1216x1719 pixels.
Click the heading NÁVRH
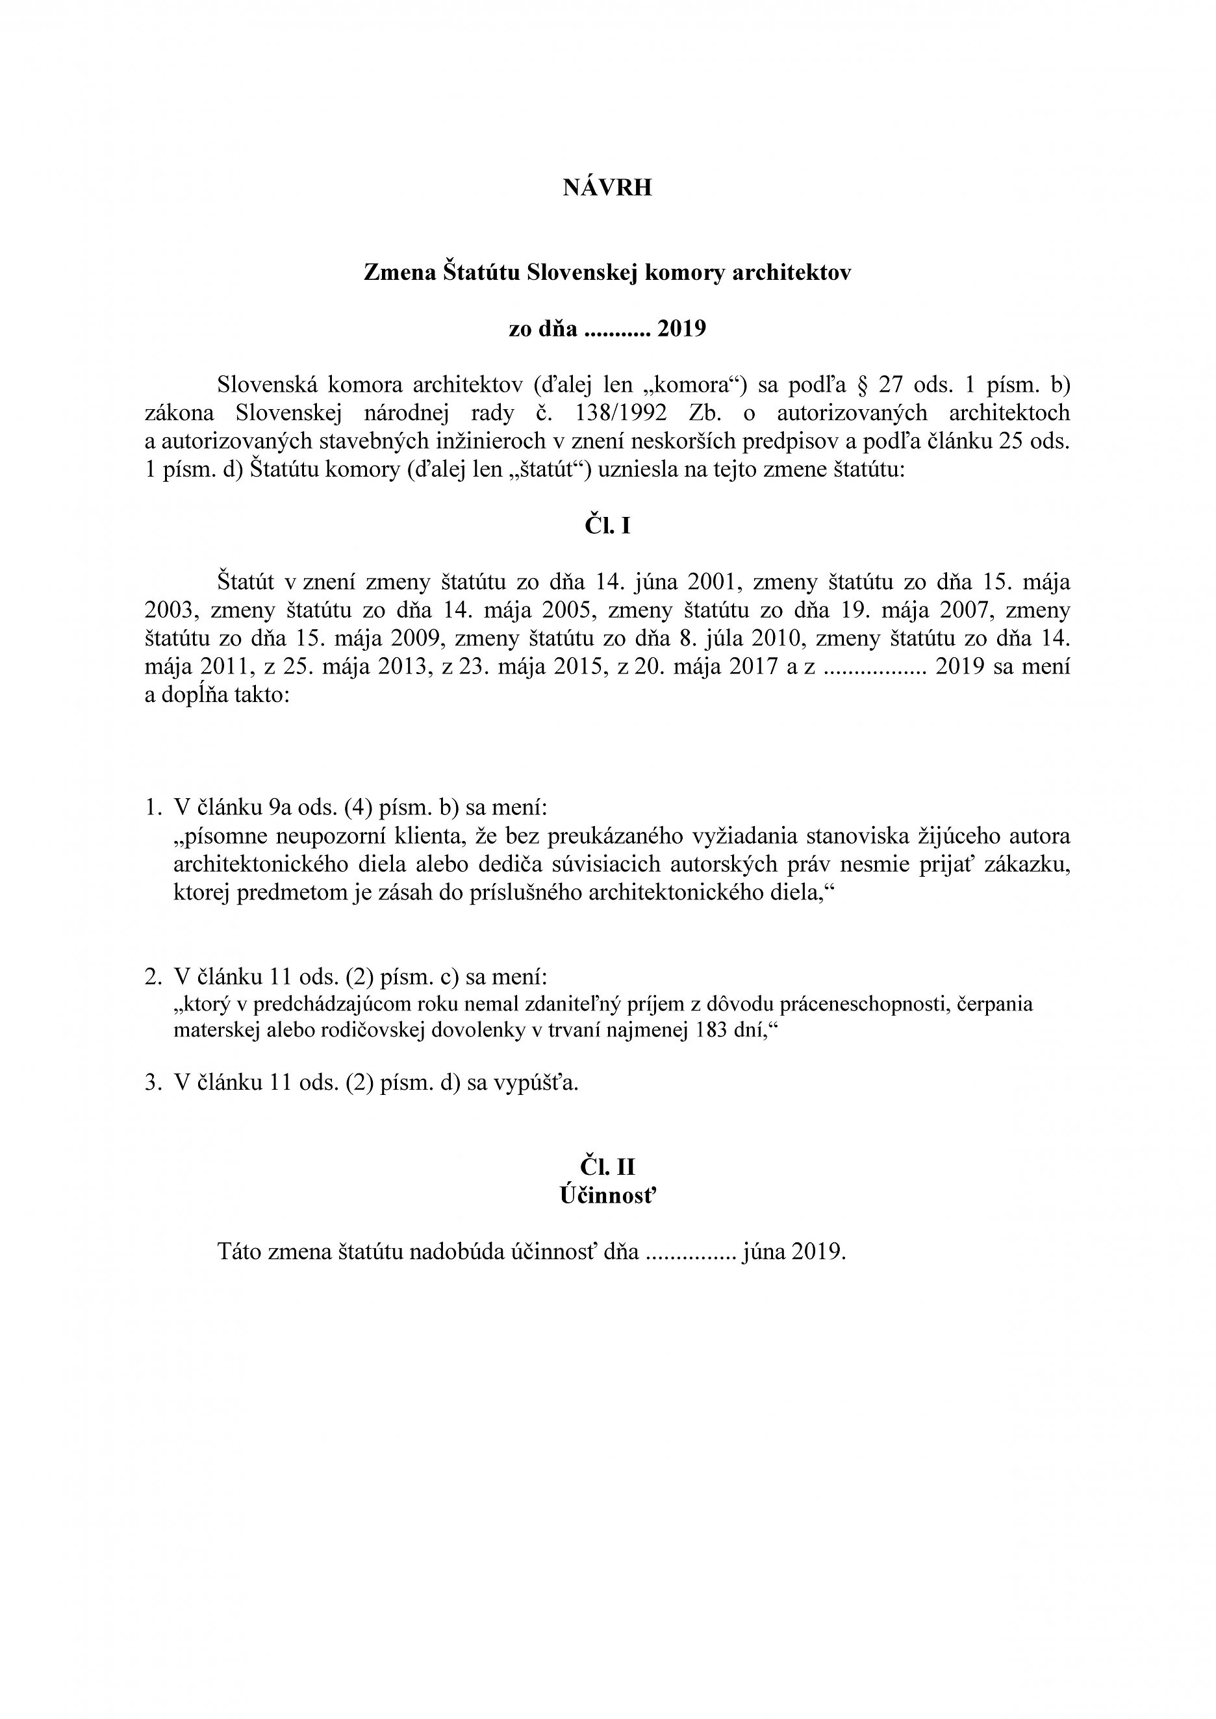[x=607, y=188]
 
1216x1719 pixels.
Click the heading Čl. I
[x=607, y=526]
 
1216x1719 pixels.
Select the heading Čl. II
[x=607, y=1167]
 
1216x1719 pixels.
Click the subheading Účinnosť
[x=607, y=1196]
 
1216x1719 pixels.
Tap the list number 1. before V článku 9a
[x=153, y=807]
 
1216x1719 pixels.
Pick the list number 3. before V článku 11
[x=153, y=1083]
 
